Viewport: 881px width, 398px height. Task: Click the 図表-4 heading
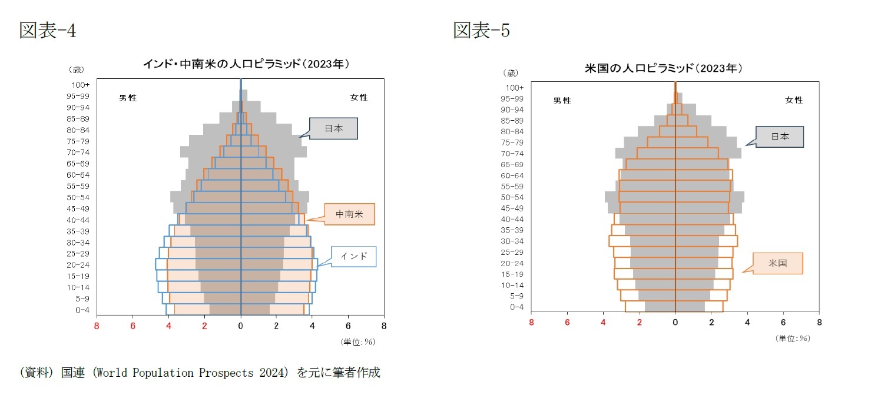tap(48, 30)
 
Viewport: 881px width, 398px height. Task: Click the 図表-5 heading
tap(481, 30)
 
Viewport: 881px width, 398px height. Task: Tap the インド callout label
tap(353, 256)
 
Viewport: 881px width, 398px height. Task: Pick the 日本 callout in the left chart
tap(333, 128)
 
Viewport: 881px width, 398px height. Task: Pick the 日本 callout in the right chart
tap(780, 136)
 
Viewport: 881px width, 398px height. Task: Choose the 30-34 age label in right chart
tap(512, 241)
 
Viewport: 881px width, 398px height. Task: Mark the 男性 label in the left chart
tap(128, 98)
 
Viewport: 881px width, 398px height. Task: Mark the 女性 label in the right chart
tap(794, 100)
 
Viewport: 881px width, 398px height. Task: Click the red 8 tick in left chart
tap(97, 325)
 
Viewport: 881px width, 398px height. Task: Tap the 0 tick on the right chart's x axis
tap(675, 323)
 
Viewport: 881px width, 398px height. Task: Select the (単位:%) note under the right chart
tap(793, 338)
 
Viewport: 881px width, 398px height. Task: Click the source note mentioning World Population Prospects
tap(200, 373)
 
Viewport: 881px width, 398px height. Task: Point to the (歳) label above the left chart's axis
tap(76, 70)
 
